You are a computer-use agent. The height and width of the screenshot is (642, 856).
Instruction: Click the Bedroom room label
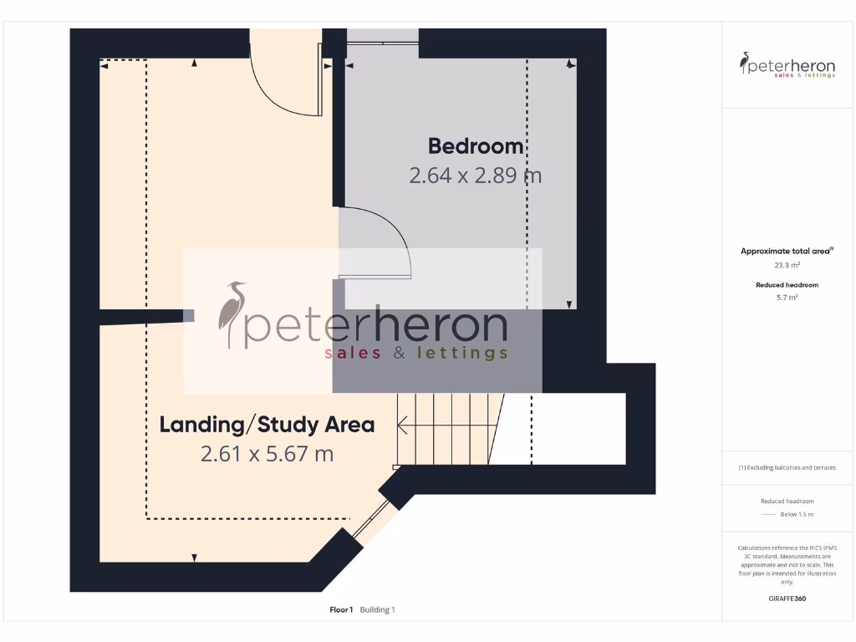(x=476, y=146)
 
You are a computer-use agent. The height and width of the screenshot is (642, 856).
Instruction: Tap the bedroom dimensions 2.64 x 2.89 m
(x=475, y=176)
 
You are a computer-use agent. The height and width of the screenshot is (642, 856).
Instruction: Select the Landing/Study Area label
(x=267, y=425)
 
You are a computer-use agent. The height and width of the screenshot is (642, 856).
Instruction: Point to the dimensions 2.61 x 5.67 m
(x=267, y=454)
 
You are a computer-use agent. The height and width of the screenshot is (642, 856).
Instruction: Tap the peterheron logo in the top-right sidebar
(x=787, y=65)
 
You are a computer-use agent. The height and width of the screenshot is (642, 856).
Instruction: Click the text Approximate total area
(x=787, y=251)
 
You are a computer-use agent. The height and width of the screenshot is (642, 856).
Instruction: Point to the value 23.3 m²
(x=787, y=265)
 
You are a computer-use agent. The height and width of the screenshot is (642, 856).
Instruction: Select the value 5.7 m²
(x=787, y=298)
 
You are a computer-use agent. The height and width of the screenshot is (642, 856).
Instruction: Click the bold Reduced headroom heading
(x=787, y=285)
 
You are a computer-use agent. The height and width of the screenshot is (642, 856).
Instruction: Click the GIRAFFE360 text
(x=787, y=599)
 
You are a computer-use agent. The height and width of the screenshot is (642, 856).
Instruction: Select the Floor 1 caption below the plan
(x=341, y=610)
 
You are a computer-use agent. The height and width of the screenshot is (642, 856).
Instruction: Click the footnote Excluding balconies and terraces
(x=787, y=467)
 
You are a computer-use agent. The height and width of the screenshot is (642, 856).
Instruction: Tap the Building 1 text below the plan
(x=378, y=610)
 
